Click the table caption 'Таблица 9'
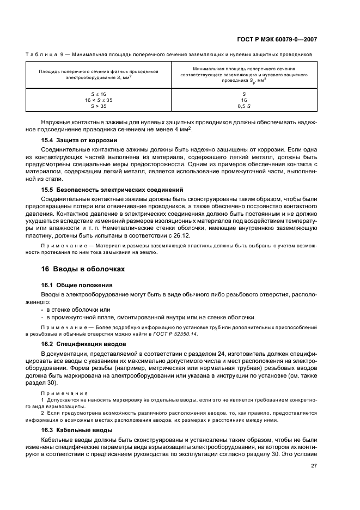point(41,54)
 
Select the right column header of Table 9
point(243,75)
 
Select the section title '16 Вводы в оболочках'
point(83,269)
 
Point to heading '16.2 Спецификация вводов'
point(84,344)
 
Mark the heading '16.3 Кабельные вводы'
point(77,430)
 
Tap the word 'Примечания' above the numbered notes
point(57,393)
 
